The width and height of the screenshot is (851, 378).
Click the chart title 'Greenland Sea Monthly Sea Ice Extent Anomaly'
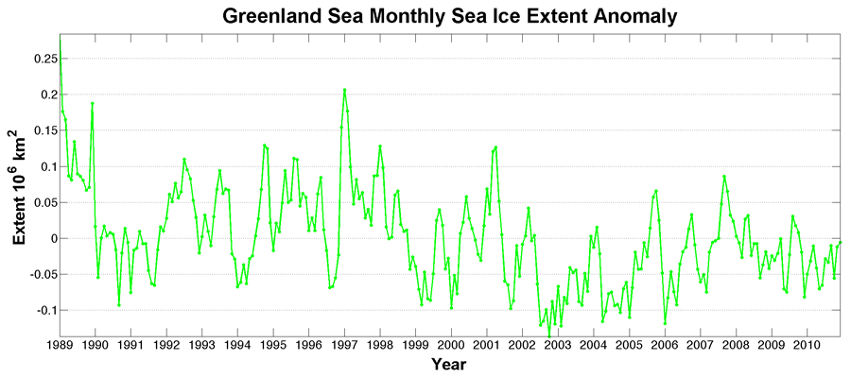pyautogui.click(x=450, y=16)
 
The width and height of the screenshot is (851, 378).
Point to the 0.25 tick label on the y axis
pyautogui.click(x=41, y=59)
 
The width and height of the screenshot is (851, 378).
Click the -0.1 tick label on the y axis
pyautogui.click(x=42, y=310)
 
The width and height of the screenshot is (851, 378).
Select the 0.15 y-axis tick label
pyautogui.click(x=41, y=130)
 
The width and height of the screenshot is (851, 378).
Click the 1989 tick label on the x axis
pyautogui.click(x=61, y=345)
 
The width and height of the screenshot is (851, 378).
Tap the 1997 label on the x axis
pyautogui.click(x=344, y=345)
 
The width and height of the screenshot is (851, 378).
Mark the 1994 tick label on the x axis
pyautogui.click(x=237, y=345)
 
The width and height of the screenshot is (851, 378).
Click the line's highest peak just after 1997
pyautogui.click(x=344, y=90)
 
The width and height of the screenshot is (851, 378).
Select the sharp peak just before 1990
pyautogui.click(x=92, y=103)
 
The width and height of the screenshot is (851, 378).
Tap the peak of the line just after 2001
pyautogui.click(x=495, y=146)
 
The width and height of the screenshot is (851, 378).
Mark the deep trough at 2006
pyautogui.click(x=665, y=323)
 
